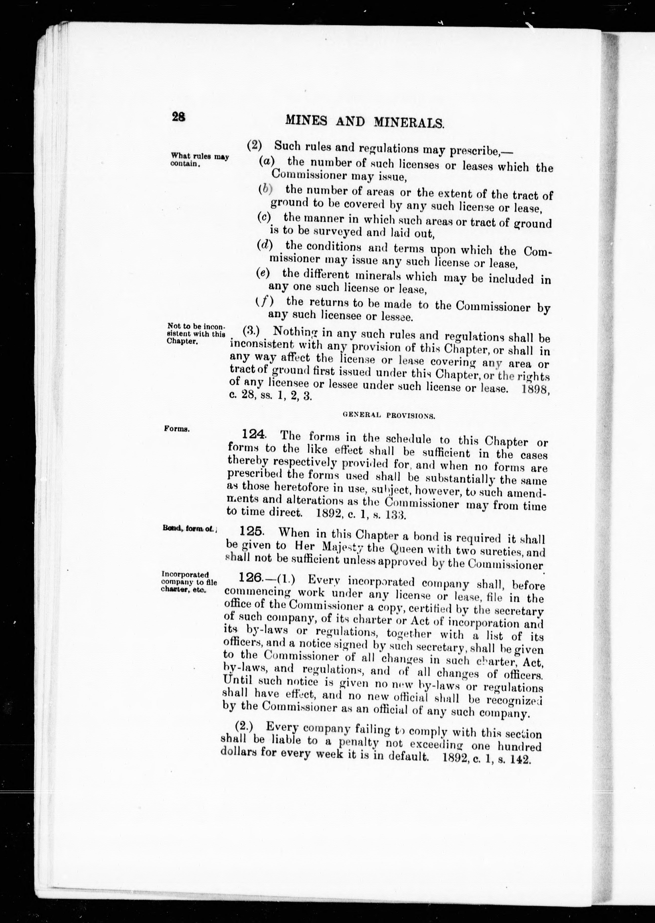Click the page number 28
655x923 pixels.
pyautogui.click(x=178, y=117)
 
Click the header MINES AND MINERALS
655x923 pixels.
pyautogui.click(x=365, y=122)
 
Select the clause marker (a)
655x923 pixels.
pyautogui.click(x=266, y=161)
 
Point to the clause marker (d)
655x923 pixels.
pyautogui.click(x=264, y=244)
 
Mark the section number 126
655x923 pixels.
pyautogui.click(x=251, y=577)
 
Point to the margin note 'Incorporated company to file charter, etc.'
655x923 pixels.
pyautogui.click(x=189, y=582)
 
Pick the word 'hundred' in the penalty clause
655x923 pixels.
pyautogui.click(x=519, y=747)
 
